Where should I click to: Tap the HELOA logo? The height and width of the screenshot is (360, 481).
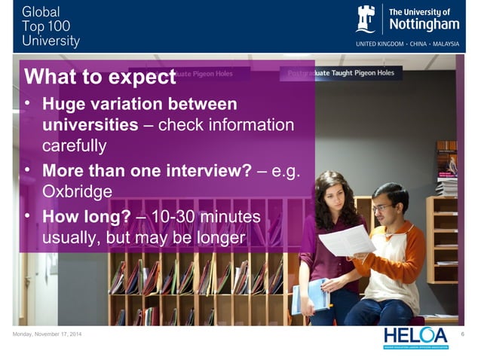[415, 337]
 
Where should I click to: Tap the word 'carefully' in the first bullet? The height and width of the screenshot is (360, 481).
[75, 143]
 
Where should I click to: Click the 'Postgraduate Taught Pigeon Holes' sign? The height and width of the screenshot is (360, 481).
[341, 74]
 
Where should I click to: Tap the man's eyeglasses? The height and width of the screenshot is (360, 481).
[382, 206]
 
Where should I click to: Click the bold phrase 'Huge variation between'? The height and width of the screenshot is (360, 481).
[139, 104]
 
